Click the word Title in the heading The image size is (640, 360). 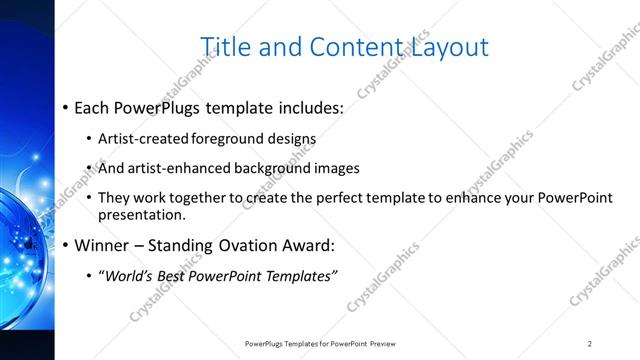(x=224, y=47)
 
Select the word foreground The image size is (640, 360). (x=222, y=139)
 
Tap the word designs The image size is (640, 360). (x=289, y=139)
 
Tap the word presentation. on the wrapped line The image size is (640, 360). (x=142, y=215)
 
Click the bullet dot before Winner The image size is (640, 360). (x=66, y=245)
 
